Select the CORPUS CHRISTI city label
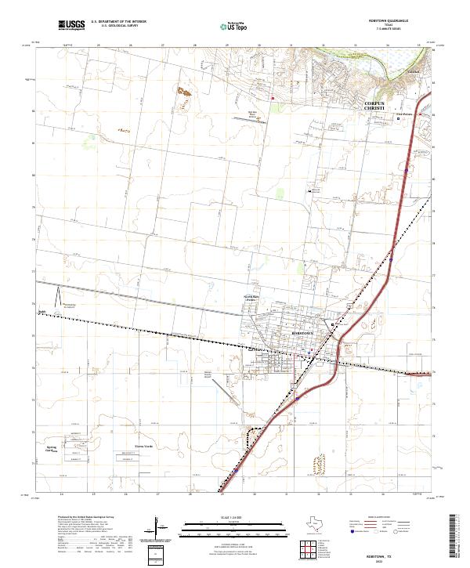pyautogui.click(x=376, y=107)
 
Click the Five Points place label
pyautogui.click(x=403, y=114)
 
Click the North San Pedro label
pyautogui.click(x=249, y=298)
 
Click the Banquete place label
pyautogui.click(x=43, y=311)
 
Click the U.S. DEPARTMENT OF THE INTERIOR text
pyautogui.click(x=118, y=21)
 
